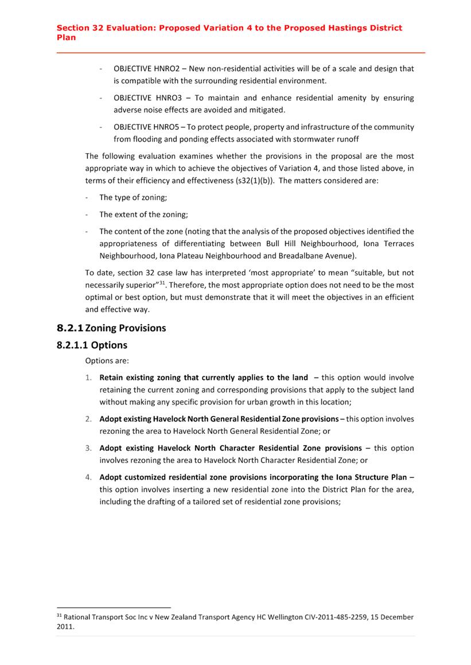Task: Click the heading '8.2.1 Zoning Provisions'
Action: [x=111, y=328]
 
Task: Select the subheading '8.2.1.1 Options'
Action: [x=92, y=345]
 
